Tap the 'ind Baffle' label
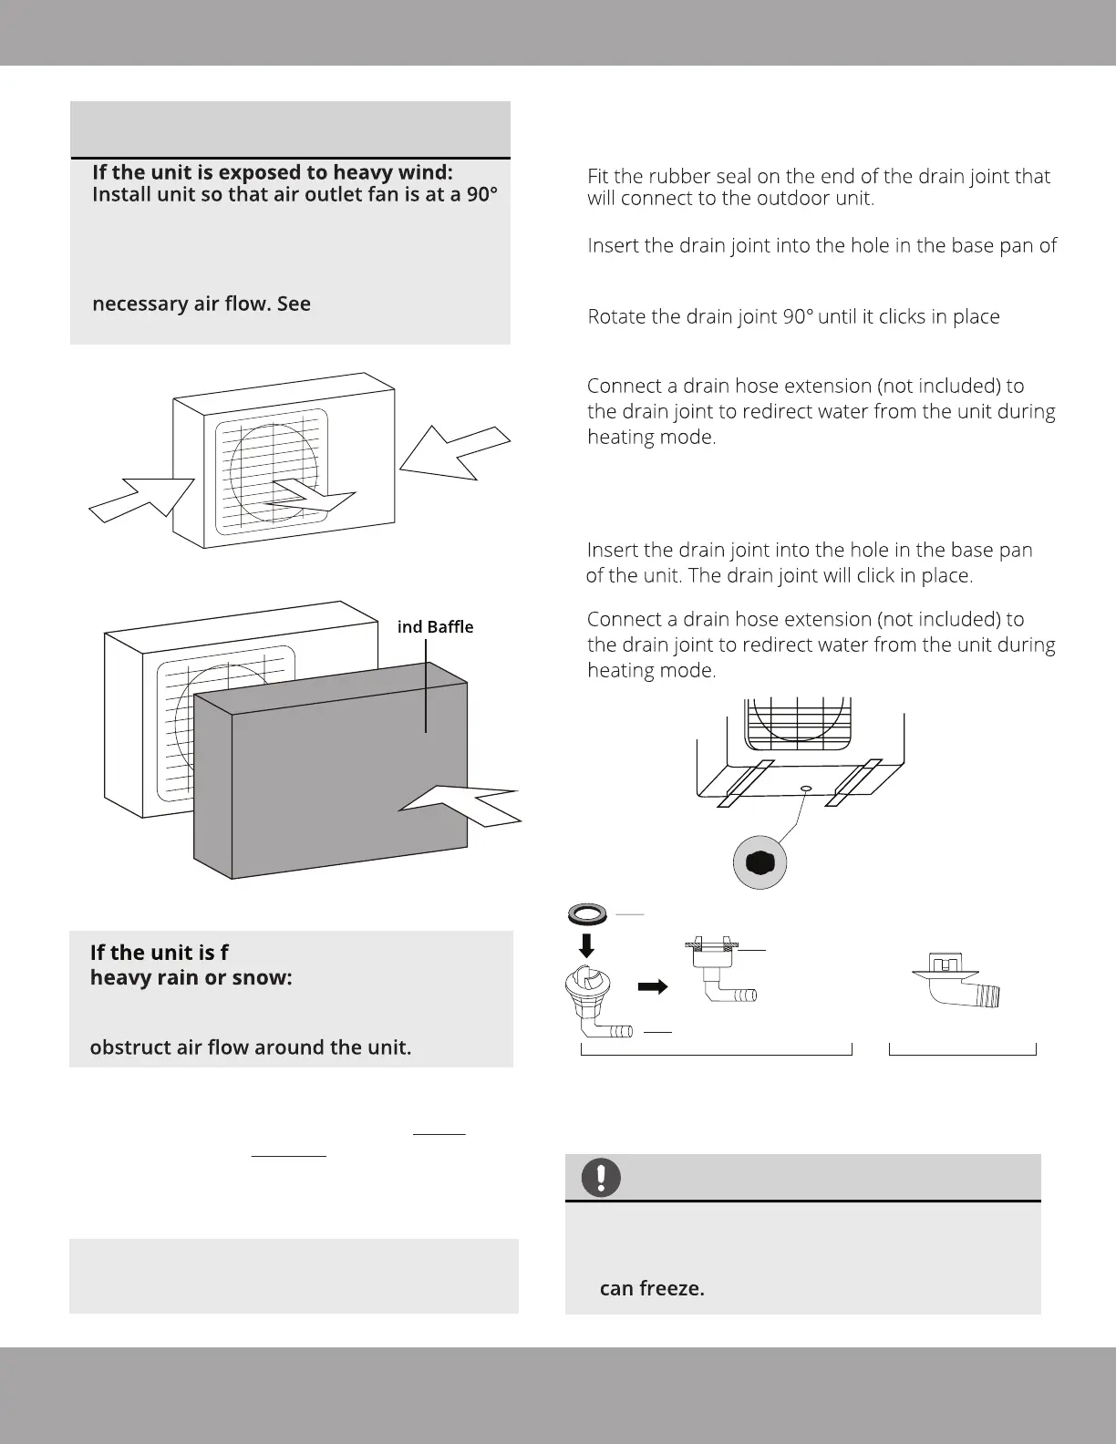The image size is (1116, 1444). pos(435,627)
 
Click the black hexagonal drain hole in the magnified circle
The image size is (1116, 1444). pos(760,863)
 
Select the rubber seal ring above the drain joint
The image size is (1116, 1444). pos(587,913)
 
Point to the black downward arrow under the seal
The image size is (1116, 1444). pos(587,944)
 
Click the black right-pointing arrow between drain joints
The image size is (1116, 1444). pos(651,986)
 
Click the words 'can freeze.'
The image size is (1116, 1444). pos(652,1289)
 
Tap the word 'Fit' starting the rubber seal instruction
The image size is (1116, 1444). pos(598,176)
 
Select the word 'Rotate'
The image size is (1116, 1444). pos(617,316)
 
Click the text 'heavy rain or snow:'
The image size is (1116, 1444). pos(191,977)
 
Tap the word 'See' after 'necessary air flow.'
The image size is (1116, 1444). pos(294,304)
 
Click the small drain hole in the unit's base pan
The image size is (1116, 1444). pos(805,787)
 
